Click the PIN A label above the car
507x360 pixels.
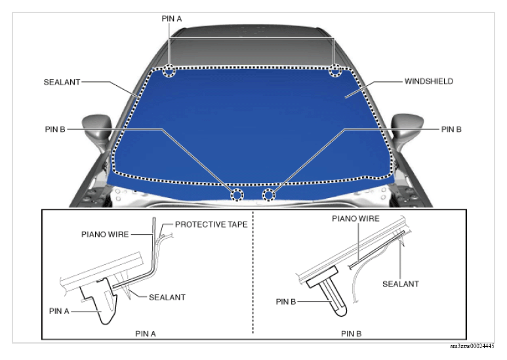tap(171, 19)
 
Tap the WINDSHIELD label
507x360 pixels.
tap(429, 81)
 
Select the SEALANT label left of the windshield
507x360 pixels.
tap(62, 82)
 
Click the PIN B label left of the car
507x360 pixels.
tap(55, 129)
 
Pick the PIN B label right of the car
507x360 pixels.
tap(451, 129)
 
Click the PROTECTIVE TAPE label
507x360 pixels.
tap(211, 224)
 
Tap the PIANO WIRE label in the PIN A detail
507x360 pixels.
tap(105, 234)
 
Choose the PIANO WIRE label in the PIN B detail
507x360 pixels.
tap(355, 219)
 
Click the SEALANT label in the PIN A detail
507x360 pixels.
tap(167, 297)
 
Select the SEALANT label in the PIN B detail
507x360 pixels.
tap(401, 284)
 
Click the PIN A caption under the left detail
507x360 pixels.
tap(146, 334)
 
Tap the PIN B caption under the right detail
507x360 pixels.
tap(351, 334)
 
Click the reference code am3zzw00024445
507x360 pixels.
tap(472, 346)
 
